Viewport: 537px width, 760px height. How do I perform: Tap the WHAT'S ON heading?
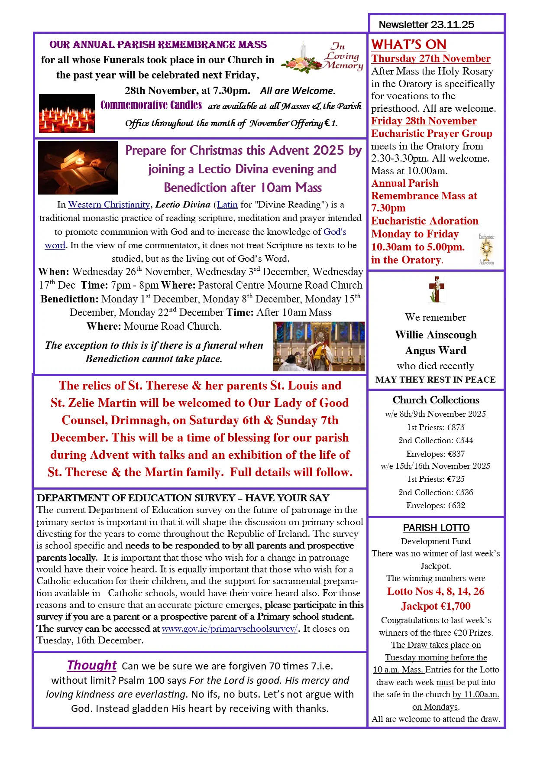(408, 44)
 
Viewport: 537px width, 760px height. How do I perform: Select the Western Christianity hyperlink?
(109, 205)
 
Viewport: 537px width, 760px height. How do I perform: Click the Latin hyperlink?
(227, 205)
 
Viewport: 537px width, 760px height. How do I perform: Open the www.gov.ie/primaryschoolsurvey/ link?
(230, 629)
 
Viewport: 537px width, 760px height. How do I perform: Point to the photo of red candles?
(67, 113)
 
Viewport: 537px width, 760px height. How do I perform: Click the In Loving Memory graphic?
(322, 57)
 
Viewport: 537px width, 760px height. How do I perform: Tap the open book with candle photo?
(78, 168)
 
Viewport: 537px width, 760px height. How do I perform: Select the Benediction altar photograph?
(319, 346)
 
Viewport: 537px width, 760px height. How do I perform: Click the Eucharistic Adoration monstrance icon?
(487, 250)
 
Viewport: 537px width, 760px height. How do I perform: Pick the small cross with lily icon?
(437, 289)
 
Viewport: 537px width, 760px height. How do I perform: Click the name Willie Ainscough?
(436, 335)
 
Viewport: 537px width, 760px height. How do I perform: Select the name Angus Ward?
(436, 351)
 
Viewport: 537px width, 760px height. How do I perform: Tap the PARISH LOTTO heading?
(436, 528)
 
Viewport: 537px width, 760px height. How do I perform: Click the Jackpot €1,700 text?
(436, 606)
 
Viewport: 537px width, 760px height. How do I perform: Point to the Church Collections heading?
(436, 400)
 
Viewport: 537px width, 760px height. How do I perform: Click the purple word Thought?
(92, 666)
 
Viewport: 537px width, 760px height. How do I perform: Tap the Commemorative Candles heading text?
(151, 105)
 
